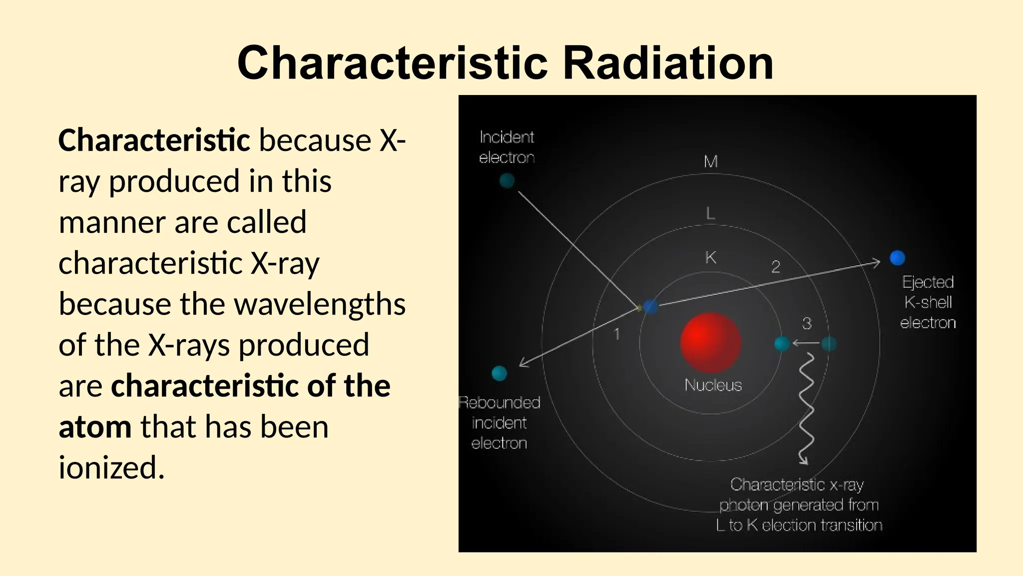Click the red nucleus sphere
click(x=710, y=342)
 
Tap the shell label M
click(x=710, y=161)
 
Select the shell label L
click(x=710, y=214)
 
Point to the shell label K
click(x=710, y=257)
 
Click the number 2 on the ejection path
click(x=775, y=266)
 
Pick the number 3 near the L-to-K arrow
click(x=807, y=323)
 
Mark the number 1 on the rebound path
click(x=617, y=333)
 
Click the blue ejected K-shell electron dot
click(x=897, y=258)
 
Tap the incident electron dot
click(x=507, y=180)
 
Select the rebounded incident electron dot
click(x=499, y=373)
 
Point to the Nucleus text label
click(x=713, y=385)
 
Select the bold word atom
click(x=95, y=427)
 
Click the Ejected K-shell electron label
click(x=928, y=302)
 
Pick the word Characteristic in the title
click(x=393, y=63)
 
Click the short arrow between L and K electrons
click(x=805, y=343)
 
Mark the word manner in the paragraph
click(x=111, y=222)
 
